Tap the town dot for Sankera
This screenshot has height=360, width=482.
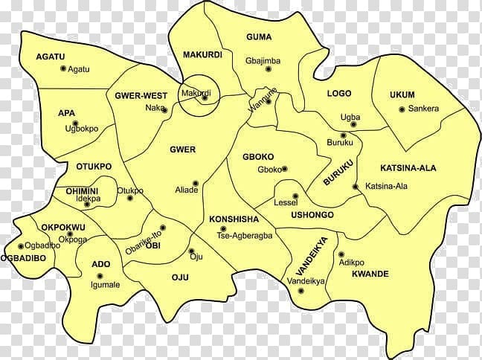click(x=402, y=109)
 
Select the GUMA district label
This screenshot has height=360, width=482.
click(x=258, y=36)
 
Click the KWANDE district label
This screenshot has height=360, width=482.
click(x=369, y=274)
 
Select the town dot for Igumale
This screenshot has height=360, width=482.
click(x=118, y=284)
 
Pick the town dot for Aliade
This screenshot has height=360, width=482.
click(x=195, y=182)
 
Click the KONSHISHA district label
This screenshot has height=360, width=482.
click(x=234, y=219)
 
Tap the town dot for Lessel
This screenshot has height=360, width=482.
click(x=295, y=196)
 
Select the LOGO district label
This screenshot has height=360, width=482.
click(x=339, y=94)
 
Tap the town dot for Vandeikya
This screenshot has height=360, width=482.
click(x=301, y=290)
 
